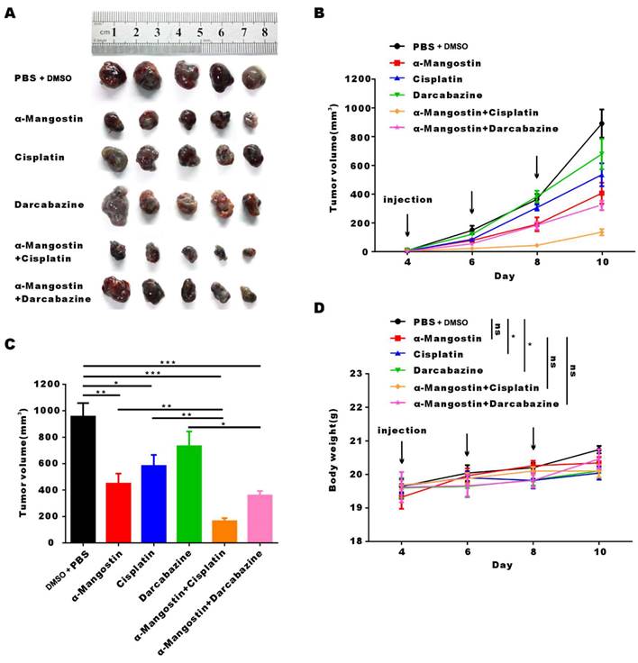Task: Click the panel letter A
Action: tap(12, 14)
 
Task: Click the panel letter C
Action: tap(11, 344)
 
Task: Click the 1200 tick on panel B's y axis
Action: tap(361, 79)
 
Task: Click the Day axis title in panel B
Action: tap(503, 276)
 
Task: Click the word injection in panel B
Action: tap(406, 200)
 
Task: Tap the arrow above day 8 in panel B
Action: tap(536, 168)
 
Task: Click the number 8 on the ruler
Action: tap(264, 32)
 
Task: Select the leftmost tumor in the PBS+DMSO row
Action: tap(114, 77)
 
